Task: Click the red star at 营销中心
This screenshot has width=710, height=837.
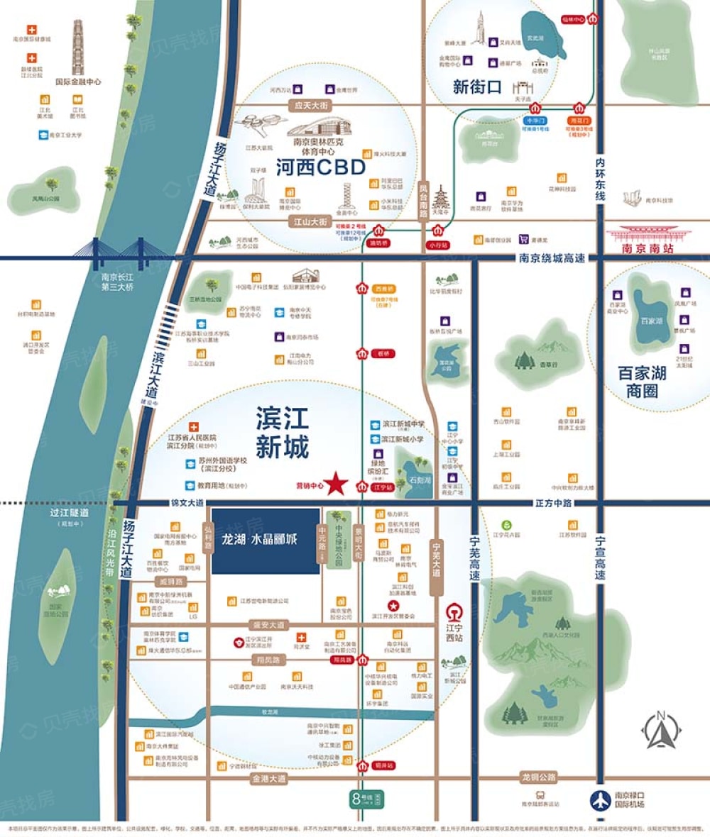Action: click(x=337, y=484)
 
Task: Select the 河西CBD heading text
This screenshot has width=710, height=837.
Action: click(x=320, y=167)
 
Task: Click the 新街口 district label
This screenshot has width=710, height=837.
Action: click(x=476, y=87)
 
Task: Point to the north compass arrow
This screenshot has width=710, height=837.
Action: click(x=661, y=731)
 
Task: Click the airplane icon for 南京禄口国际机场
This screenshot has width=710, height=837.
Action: click(x=600, y=799)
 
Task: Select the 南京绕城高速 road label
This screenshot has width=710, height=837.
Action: click(x=552, y=258)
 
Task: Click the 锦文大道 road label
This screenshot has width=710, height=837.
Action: click(x=187, y=503)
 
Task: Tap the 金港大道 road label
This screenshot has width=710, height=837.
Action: click(x=269, y=778)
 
